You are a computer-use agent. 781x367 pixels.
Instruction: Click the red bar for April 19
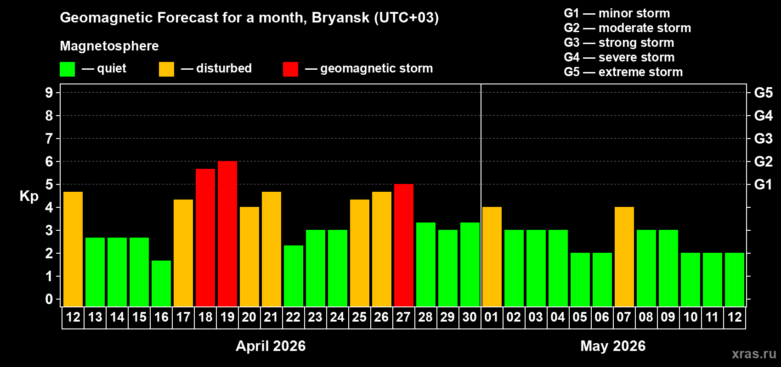click(227, 234)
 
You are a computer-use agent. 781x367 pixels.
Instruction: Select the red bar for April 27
click(404, 245)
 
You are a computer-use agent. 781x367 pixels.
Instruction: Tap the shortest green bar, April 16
click(161, 284)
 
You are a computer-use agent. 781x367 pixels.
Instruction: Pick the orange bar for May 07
click(624, 257)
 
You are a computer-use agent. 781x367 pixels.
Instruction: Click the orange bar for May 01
click(492, 257)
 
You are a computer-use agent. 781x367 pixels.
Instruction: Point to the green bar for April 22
click(294, 276)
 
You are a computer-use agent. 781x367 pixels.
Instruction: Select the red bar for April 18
click(205, 238)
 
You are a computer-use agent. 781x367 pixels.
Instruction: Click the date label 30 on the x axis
click(470, 317)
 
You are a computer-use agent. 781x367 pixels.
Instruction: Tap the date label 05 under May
click(580, 317)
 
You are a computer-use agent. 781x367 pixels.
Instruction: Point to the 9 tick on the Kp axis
click(49, 93)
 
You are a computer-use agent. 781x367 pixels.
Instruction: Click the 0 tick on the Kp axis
click(49, 300)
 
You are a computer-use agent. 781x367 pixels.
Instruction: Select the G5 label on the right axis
click(763, 93)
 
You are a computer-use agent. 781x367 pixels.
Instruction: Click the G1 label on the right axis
click(763, 184)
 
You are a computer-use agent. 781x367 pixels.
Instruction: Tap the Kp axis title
click(29, 196)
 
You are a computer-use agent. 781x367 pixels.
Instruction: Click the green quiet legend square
click(68, 69)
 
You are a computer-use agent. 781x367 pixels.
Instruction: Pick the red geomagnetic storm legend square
click(291, 69)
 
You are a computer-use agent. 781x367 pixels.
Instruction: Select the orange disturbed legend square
click(167, 69)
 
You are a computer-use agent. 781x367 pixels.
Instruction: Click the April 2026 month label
click(271, 346)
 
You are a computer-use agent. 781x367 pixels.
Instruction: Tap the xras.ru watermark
click(754, 354)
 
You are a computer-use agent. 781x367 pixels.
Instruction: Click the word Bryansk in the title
click(340, 18)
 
